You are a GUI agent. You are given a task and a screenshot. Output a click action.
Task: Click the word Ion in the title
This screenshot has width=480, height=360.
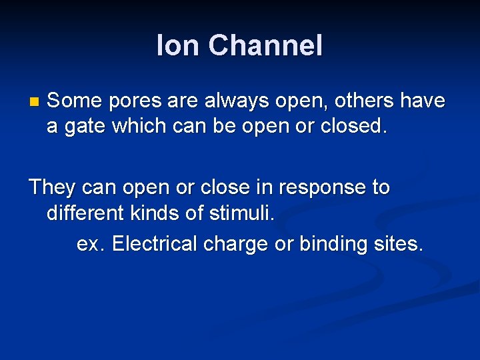click(x=178, y=46)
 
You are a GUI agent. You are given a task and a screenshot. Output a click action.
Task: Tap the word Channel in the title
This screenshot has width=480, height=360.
click(x=265, y=46)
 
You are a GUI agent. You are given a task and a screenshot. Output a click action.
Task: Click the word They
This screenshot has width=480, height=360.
click(x=53, y=188)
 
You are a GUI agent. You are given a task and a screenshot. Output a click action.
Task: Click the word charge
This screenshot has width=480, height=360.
click(x=236, y=245)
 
